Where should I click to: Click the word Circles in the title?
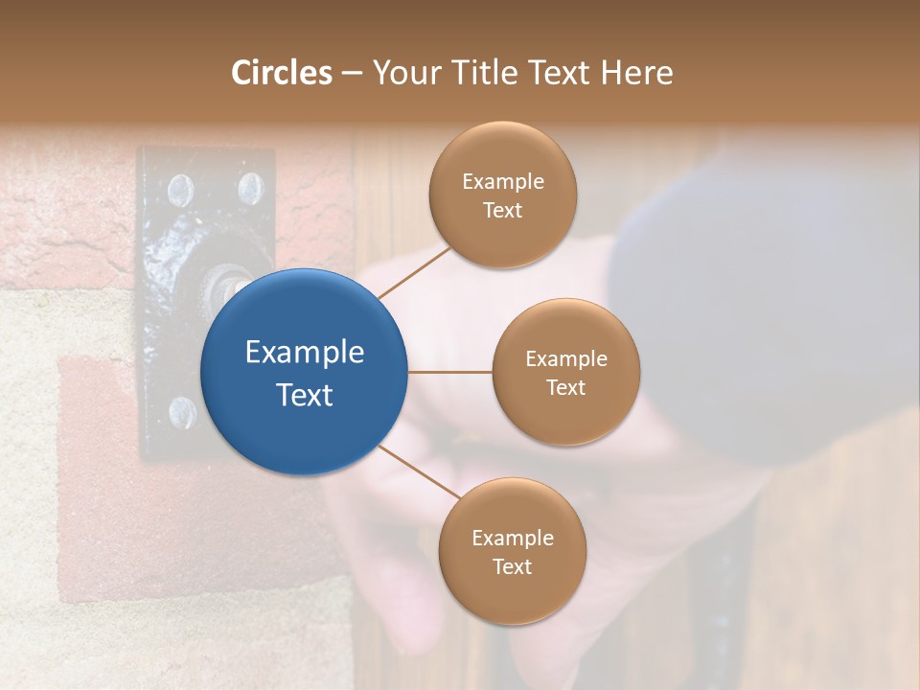click(281, 73)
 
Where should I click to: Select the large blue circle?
click(305, 372)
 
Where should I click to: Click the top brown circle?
click(502, 195)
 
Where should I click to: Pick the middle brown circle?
click(565, 372)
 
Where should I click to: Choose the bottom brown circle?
click(512, 551)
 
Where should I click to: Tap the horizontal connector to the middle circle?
click(450, 372)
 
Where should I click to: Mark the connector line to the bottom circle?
click(418, 471)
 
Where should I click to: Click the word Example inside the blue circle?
click(305, 353)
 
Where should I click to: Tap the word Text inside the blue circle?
click(305, 395)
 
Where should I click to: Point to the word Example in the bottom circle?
click(512, 538)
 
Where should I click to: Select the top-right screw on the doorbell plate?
click(250, 188)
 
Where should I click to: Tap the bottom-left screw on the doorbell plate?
click(182, 412)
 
